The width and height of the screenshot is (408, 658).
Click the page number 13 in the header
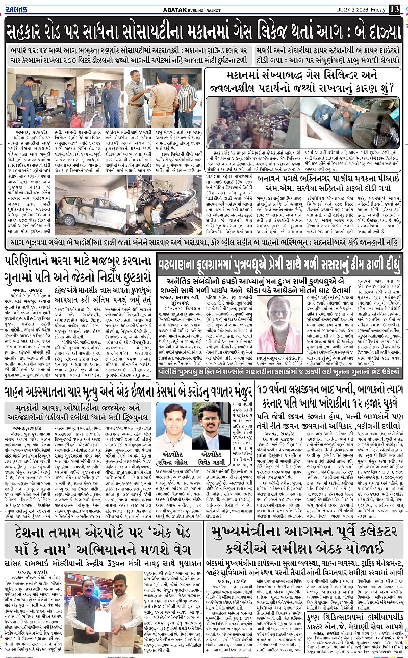click(x=394, y=9)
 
